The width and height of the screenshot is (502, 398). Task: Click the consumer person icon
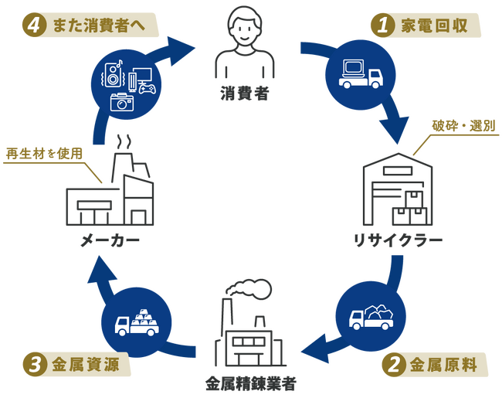245,43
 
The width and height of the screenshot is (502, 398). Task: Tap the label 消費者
245,96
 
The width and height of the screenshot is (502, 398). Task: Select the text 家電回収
434,26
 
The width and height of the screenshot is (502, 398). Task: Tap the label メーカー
110,241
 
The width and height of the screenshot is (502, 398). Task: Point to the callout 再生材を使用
43,153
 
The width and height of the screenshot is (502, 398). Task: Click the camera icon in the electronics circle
122,100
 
